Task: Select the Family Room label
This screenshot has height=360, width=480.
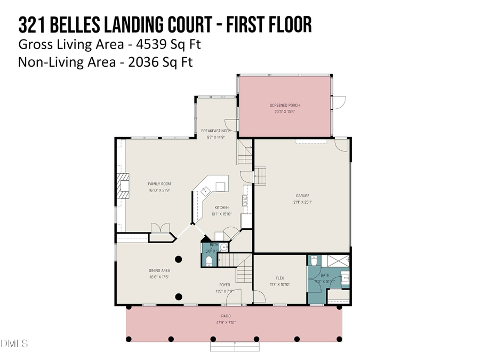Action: pos(156,183)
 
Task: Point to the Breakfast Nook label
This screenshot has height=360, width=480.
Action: pos(215,131)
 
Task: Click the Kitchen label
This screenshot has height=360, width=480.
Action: pos(221,207)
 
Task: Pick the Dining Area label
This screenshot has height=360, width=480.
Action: pos(159,270)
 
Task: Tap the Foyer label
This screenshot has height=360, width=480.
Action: pos(224,285)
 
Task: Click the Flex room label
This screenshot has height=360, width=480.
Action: pos(279,278)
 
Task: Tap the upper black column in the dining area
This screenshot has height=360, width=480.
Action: pos(178,259)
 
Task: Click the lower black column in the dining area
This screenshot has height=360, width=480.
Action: pos(178,297)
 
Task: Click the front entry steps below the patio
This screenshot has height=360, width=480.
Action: pos(235,346)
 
